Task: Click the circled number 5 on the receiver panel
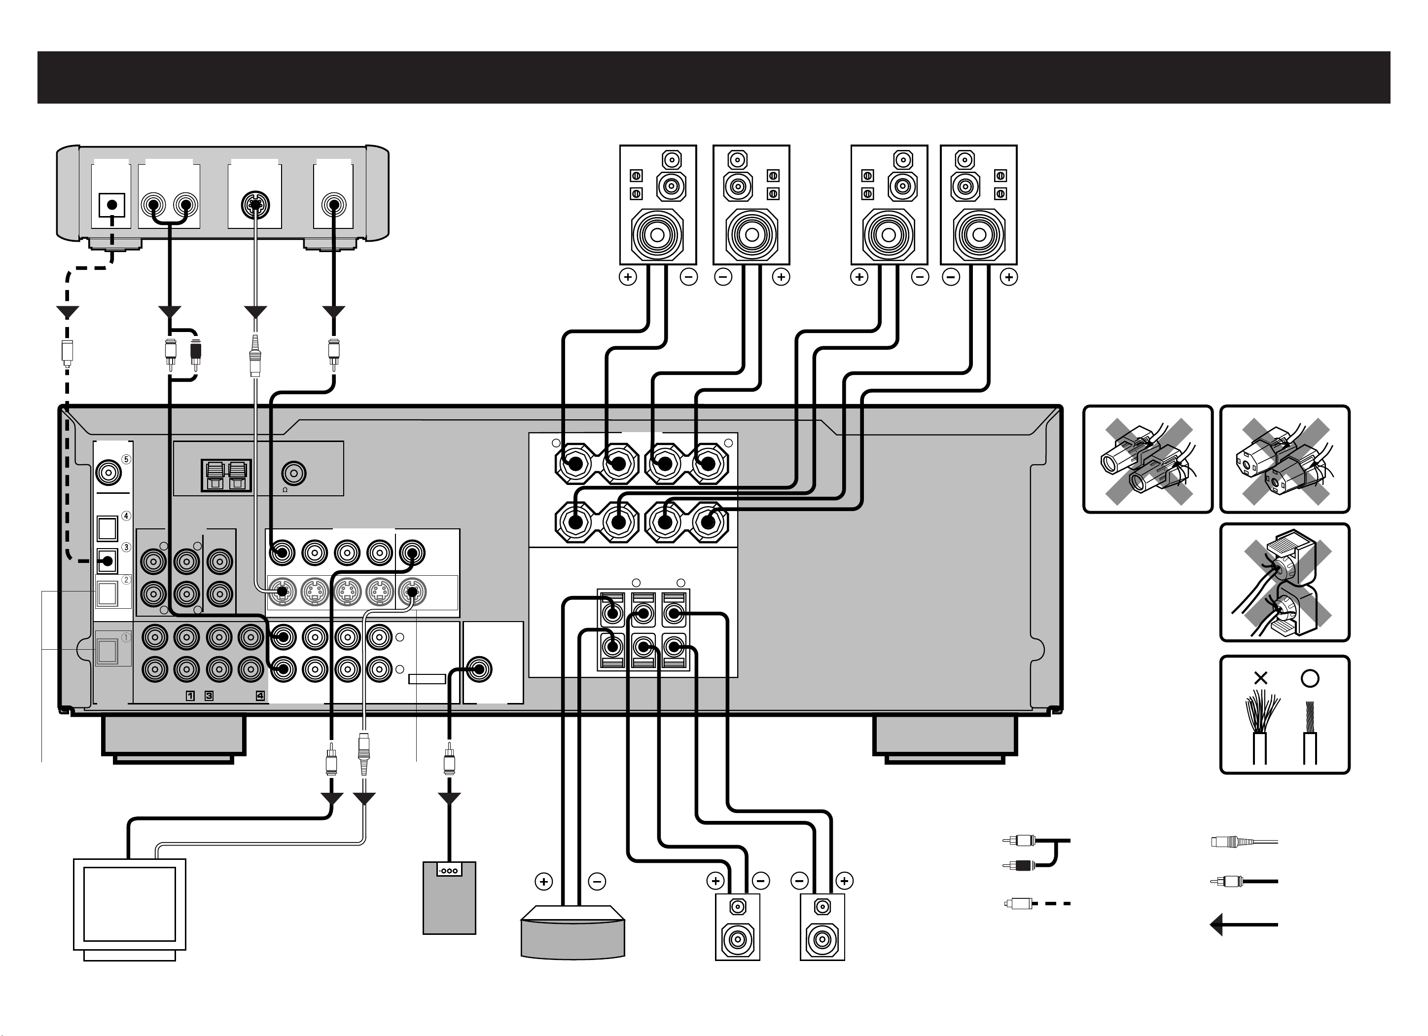tap(126, 459)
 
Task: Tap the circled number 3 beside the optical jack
tap(126, 547)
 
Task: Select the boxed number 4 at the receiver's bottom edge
tap(260, 696)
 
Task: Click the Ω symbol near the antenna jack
tap(285, 489)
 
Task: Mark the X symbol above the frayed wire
tap(1260, 678)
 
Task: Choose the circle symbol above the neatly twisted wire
tap(1310, 678)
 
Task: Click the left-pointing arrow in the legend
tap(1244, 925)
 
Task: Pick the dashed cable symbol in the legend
tap(1037, 904)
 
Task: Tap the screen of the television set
tap(130, 904)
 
